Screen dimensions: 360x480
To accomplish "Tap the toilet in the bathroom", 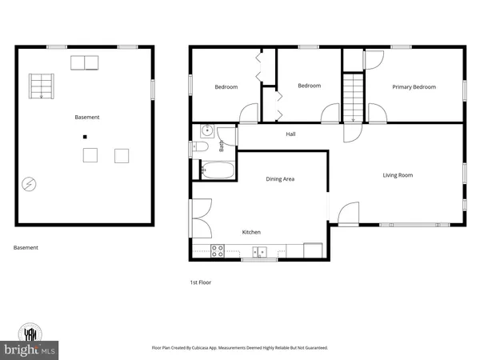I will (x=201, y=147).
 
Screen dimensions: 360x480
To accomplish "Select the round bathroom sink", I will (x=206, y=130).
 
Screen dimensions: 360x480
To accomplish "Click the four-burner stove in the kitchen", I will (x=218, y=251).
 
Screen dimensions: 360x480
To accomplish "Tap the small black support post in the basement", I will (x=84, y=137).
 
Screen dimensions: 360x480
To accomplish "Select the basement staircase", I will (x=41, y=85).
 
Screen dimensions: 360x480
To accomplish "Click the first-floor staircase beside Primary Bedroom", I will (x=353, y=95).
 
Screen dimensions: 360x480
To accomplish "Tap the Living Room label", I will (x=397, y=174).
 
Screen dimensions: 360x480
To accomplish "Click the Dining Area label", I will (x=280, y=178).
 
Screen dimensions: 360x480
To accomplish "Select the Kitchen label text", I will (x=252, y=232).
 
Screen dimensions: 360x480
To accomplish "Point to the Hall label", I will (x=292, y=134).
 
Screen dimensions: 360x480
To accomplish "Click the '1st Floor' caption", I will (x=201, y=282).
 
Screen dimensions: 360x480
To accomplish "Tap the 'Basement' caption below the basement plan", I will (x=26, y=247).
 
